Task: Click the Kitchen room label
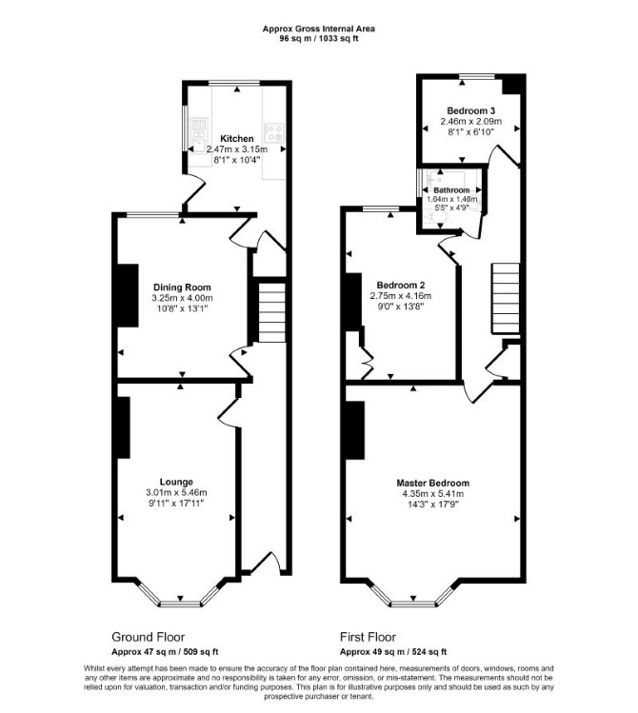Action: pos(237,139)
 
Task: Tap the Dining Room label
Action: pos(182,287)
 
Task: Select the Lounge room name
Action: pos(176,482)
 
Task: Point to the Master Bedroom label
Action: pos(433,483)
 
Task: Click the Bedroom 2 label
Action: pos(401,286)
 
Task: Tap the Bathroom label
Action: pos(451,190)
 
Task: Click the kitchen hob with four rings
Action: pos(274,132)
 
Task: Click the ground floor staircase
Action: pos(272,312)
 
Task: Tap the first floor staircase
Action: pos(505,298)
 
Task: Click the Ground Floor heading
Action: pos(149,637)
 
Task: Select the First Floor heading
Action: pos(368,637)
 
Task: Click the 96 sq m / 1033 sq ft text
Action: pos(319,39)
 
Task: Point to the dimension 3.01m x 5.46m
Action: pos(176,492)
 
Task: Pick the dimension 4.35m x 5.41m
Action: pos(433,494)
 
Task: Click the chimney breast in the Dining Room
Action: pos(128,295)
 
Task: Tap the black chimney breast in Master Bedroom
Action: pos(354,430)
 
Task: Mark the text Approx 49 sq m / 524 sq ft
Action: pos(393,652)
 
